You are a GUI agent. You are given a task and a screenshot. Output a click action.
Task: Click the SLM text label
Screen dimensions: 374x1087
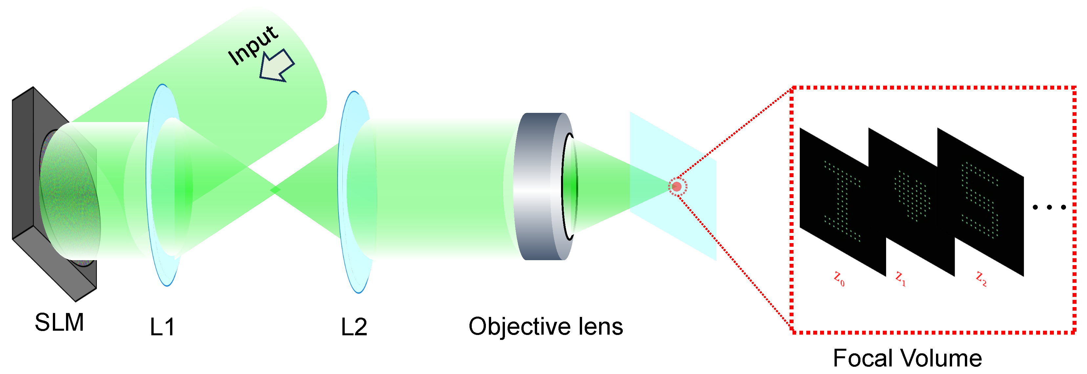coord(59,322)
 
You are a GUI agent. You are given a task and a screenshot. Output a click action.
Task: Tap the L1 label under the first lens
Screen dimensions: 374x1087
coord(162,327)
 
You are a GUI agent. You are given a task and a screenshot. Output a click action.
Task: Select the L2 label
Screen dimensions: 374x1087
coord(354,327)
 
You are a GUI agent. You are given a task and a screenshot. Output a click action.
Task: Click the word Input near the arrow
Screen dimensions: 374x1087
coord(252,45)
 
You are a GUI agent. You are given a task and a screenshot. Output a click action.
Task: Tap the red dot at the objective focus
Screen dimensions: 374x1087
coord(677,187)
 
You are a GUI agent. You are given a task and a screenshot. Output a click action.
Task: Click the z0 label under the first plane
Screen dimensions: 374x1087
coord(839,279)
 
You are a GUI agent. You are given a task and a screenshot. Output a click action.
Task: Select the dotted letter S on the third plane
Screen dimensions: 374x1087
coord(980,200)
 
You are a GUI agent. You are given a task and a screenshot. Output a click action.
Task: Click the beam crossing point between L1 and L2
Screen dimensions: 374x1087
coord(275,190)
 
